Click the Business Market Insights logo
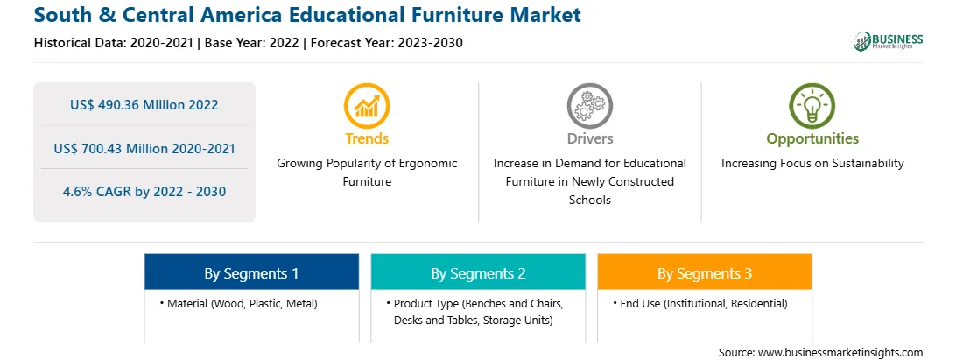(x=888, y=41)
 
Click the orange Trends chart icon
(x=367, y=106)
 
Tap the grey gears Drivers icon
(x=589, y=106)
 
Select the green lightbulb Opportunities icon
(x=812, y=106)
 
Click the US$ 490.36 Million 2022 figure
(x=144, y=105)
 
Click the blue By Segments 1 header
(x=251, y=274)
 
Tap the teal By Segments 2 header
(x=478, y=274)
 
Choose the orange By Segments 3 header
(x=705, y=274)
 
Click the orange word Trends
(x=367, y=138)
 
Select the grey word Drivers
(x=590, y=138)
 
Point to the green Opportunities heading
(x=812, y=139)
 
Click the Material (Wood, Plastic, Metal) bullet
(x=238, y=303)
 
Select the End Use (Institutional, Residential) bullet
(x=700, y=303)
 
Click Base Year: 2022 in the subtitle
(x=252, y=43)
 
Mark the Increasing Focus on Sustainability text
(x=812, y=164)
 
